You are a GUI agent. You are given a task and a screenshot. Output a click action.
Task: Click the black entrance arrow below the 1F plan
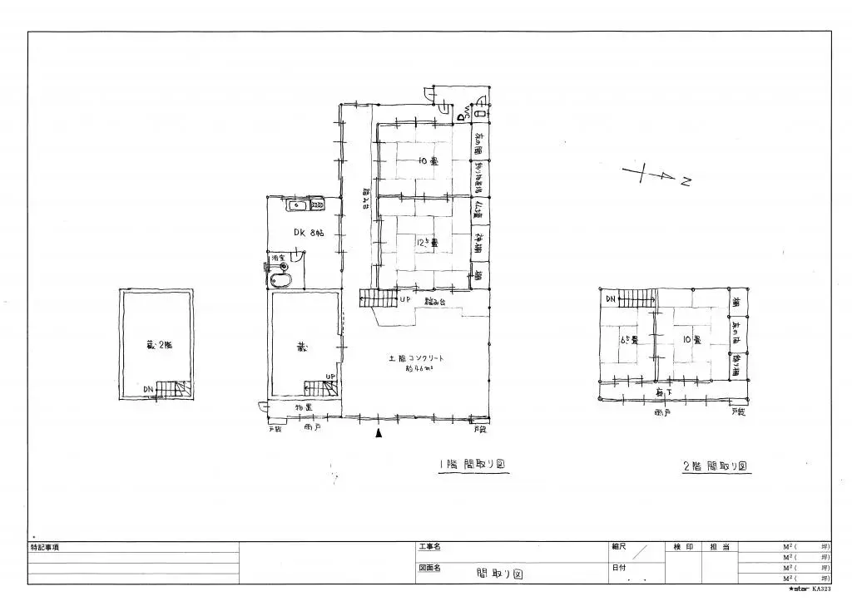click(379, 432)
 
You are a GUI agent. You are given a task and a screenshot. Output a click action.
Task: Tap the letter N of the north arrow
click(685, 182)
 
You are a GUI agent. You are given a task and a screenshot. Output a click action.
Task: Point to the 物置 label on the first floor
click(304, 407)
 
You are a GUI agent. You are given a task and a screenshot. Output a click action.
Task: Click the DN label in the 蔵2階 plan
click(148, 389)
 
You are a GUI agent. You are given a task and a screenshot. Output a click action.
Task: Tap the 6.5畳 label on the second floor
click(628, 340)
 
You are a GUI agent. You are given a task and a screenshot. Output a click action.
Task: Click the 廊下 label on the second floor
click(663, 392)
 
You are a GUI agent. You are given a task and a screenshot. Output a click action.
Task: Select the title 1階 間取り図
click(473, 466)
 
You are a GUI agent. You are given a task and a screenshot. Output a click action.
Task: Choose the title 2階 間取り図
click(716, 466)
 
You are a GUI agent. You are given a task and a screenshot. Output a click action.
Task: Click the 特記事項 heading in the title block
click(45, 548)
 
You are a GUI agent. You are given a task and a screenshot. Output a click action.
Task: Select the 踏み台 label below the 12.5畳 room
click(435, 301)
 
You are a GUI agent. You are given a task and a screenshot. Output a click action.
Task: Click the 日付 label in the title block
click(620, 568)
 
